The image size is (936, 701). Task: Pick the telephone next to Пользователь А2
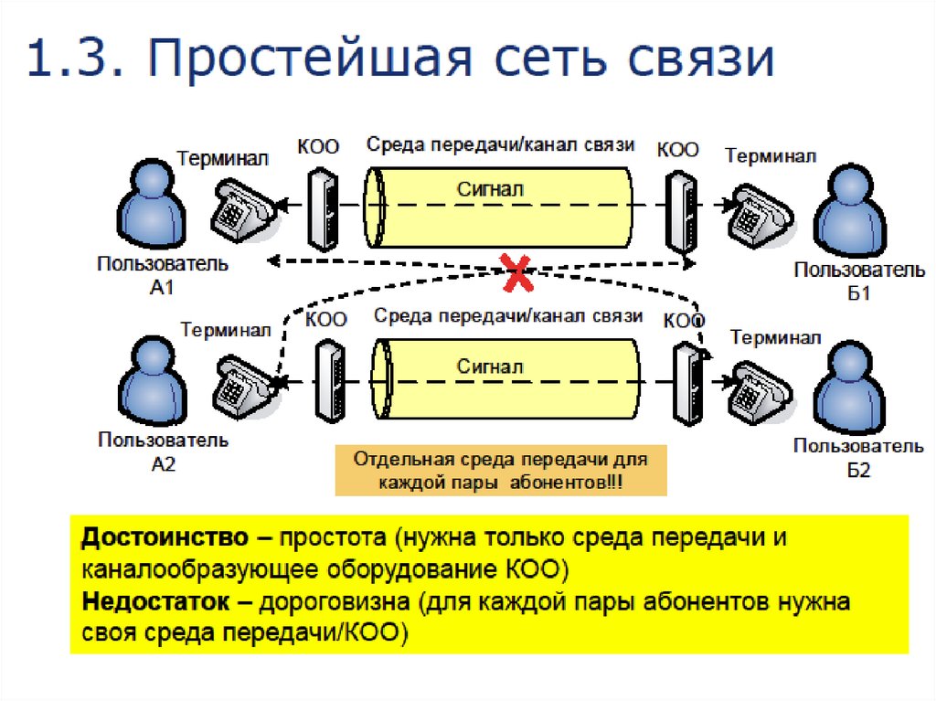click(243, 386)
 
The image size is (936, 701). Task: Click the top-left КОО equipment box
click(322, 208)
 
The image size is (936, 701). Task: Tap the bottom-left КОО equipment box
click(329, 382)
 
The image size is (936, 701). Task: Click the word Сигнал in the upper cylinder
click(490, 189)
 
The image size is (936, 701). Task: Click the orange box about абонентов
click(501, 470)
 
